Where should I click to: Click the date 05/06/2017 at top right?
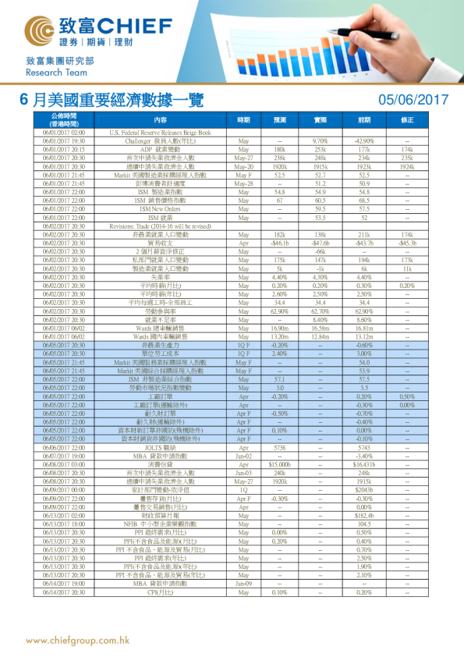coord(413,99)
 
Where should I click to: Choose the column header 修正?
coord(407,120)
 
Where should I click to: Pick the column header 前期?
coord(364,120)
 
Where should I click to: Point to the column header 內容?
coord(160,120)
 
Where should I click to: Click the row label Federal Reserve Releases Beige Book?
coord(160,133)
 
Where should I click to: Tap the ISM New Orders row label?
coord(160,209)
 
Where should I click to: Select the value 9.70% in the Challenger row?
coord(321,140)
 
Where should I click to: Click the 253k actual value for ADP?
coord(321,148)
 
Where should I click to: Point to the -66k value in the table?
coord(321,251)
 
